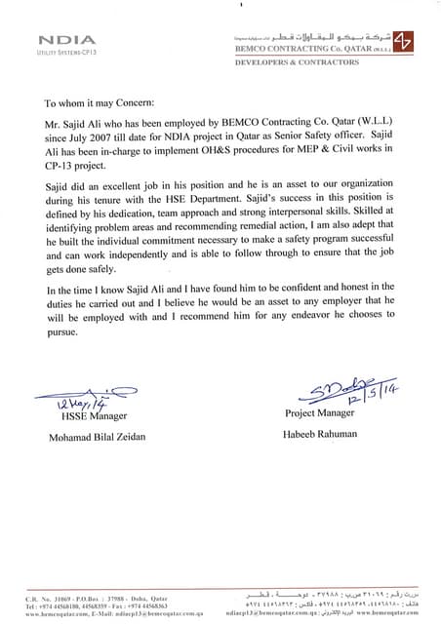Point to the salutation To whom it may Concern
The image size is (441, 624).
pyautogui.click(x=107, y=101)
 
